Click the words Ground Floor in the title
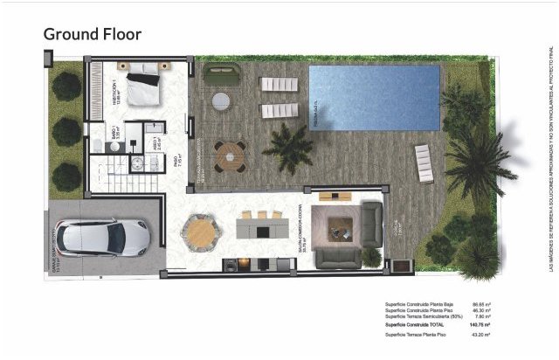pos(93,34)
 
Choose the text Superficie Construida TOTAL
pos(421,323)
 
